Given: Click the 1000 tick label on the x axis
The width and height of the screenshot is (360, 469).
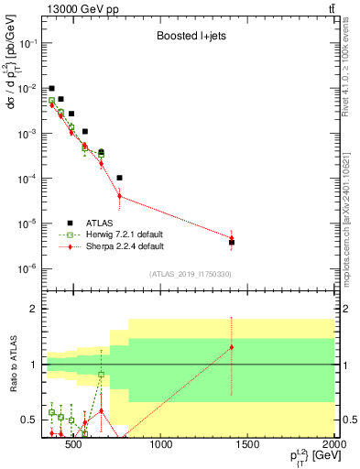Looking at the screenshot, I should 161,445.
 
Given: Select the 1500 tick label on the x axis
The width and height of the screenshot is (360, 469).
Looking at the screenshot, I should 248,445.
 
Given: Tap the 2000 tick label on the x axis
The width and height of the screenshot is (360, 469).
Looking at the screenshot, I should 333,445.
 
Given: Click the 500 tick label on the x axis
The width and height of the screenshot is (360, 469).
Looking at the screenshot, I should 75,445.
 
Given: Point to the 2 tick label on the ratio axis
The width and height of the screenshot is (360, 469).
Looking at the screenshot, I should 30,309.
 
